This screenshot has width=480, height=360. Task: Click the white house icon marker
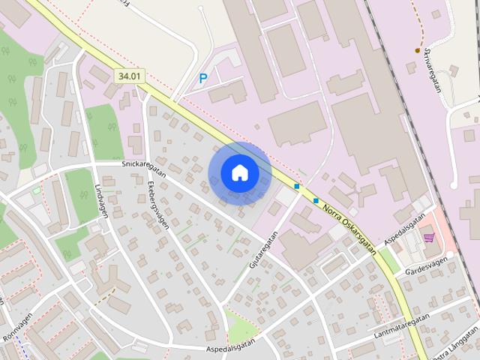240,173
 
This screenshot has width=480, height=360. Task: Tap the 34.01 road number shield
130,76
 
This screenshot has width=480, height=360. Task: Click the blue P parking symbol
203,78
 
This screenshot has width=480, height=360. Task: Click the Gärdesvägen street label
426,265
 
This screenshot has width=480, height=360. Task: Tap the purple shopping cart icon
429,238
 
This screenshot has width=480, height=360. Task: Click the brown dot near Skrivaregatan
418,50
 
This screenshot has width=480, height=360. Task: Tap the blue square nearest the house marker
297,186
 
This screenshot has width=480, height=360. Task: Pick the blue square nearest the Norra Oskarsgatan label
316,200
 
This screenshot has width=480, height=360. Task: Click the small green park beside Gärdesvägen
389,261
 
